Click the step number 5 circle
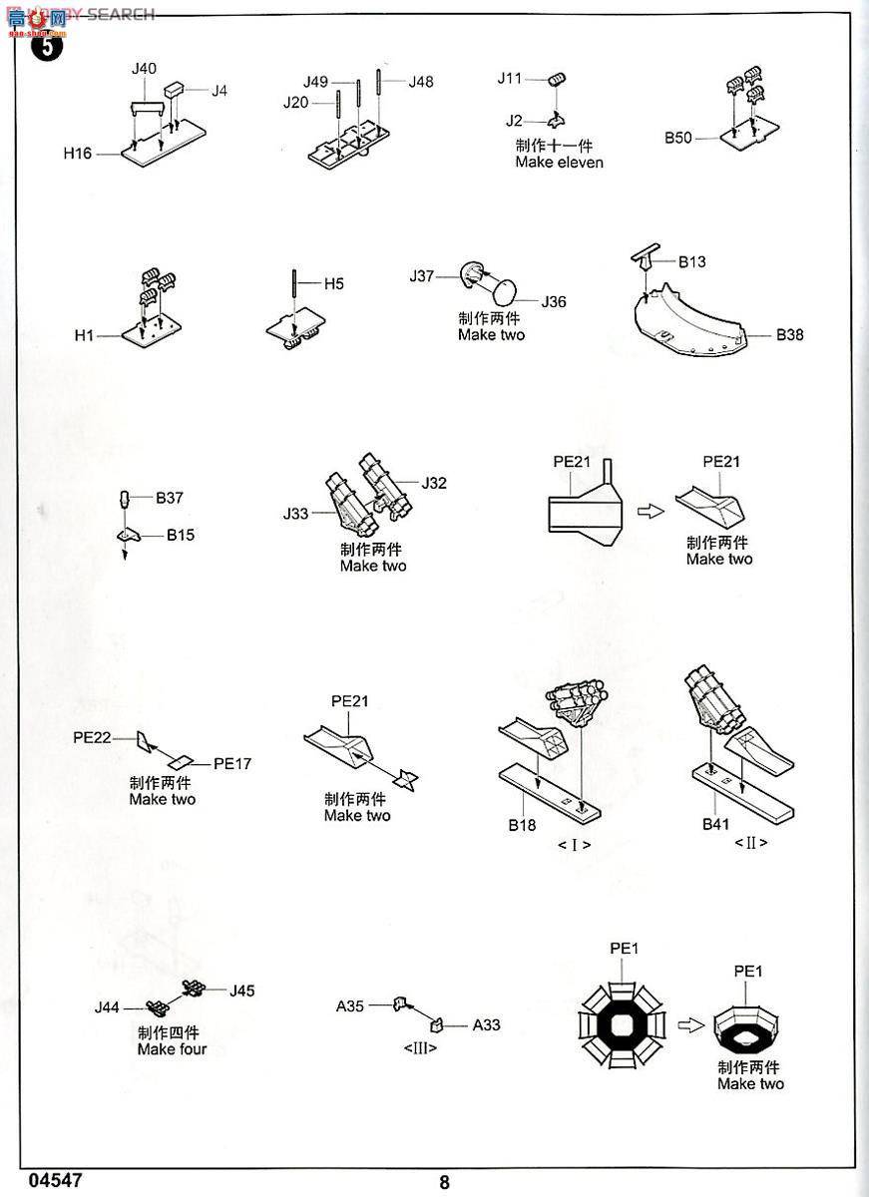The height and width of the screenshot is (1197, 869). click(48, 45)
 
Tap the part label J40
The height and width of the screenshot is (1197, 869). click(144, 68)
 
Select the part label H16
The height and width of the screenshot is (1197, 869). click(77, 153)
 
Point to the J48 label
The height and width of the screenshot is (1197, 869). click(420, 82)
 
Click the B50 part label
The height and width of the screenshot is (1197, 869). click(678, 138)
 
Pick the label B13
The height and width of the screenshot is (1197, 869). click(691, 262)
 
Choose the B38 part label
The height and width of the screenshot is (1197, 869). click(789, 335)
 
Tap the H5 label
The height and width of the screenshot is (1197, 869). click(333, 283)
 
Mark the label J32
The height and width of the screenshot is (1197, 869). click(433, 483)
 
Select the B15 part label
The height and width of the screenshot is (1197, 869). click(181, 535)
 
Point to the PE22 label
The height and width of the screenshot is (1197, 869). click(92, 738)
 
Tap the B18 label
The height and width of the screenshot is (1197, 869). click(521, 825)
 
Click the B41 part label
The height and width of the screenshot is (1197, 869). click(716, 824)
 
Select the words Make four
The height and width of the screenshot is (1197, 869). click(172, 1048)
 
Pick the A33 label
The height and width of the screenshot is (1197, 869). click(486, 1024)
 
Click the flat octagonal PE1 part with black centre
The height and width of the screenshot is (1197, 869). click(623, 1021)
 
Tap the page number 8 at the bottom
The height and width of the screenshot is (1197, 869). click(444, 1183)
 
